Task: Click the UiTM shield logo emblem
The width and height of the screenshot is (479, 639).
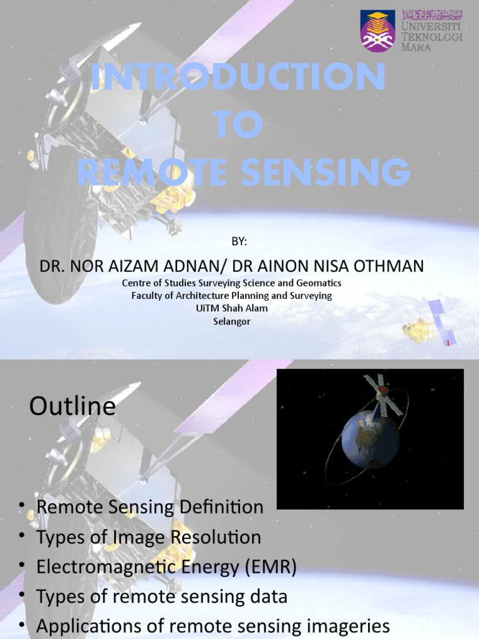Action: (x=377, y=31)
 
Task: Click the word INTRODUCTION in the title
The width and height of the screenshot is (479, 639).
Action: (x=238, y=77)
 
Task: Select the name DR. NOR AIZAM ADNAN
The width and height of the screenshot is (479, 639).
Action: (x=130, y=266)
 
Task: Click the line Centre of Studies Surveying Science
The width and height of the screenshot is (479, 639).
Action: (x=231, y=283)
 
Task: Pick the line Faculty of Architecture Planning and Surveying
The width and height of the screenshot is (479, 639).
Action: (x=231, y=296)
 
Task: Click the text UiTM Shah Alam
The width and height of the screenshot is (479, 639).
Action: (x=231, y=308)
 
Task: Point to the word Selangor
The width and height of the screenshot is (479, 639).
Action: (x=231, y=321)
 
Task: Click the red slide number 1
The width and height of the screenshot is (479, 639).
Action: (x=447, y=344)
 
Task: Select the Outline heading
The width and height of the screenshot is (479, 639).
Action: (x=72, y=407)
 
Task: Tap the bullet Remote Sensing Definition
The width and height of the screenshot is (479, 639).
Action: (x=150, y=507)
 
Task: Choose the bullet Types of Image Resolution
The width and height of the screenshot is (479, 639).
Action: (x=148, y=537)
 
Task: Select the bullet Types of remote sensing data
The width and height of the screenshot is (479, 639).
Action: (x=162, y=597)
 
